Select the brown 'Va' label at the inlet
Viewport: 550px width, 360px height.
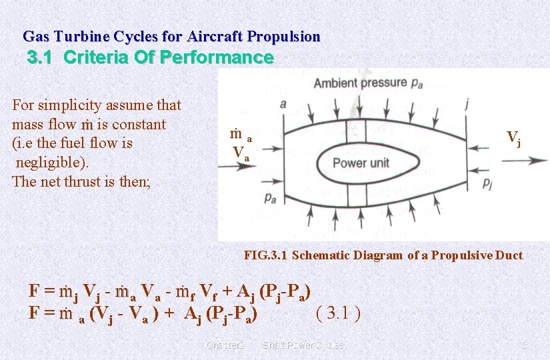[x=241, y=153]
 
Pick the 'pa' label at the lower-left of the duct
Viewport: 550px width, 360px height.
[x=270, y=197]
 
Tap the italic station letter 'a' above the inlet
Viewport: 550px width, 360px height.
[x=283, y=104]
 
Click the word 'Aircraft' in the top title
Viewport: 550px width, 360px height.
[x=213, y=37]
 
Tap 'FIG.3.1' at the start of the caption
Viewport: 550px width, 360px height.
[x=266, y=255]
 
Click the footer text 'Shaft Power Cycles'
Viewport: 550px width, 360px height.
[x=303, y=345]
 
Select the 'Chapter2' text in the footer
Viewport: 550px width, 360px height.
[x=226, y=345]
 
